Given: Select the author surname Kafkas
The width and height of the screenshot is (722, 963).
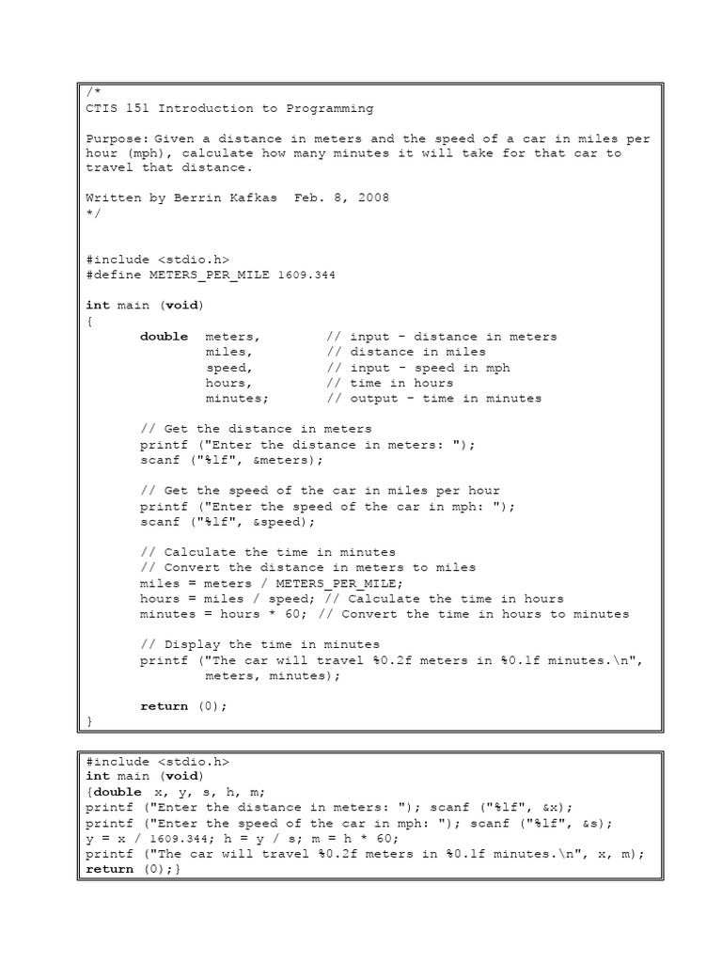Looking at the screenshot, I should click(x=250, y=198).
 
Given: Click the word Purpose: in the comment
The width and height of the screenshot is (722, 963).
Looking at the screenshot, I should click(x=117, y=138).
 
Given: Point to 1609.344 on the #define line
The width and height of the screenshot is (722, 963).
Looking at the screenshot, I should click(x=307, y=275).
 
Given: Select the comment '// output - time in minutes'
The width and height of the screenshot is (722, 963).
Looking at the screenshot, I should click(x=434, y=398).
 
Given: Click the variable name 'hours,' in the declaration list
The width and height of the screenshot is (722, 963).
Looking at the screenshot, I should click(x=229, y=383).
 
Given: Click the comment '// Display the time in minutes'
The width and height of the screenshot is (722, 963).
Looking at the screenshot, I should click(x=260, y=644).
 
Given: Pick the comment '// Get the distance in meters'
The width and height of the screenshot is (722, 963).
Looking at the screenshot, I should click(x=257, y=429).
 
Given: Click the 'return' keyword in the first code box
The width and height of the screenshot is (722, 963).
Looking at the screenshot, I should click(x=164, y=705).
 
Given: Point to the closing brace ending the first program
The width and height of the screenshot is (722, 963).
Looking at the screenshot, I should click(x=89, y=720).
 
